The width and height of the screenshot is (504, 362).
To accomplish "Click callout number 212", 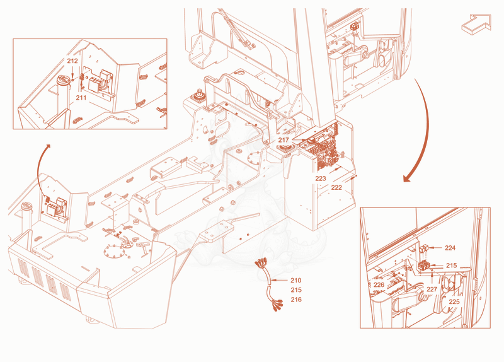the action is point(72,61).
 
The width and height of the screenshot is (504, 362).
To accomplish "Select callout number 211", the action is point(81,97).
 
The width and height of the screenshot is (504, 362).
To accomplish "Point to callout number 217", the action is point(283,140).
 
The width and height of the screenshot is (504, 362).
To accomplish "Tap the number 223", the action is point(321,178).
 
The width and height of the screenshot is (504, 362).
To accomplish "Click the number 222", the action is point(336,187).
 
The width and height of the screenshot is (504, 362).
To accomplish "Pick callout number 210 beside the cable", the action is point(296,280).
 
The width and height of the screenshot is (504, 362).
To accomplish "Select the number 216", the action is point(296,300).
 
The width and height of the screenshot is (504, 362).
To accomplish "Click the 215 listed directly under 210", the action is point(296,290).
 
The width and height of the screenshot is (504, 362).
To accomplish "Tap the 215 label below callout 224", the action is point(451,266).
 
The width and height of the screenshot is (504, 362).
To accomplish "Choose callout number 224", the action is point(450,248).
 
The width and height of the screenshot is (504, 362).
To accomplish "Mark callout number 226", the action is point(379,285).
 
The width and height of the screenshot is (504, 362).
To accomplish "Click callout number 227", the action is point(432,289).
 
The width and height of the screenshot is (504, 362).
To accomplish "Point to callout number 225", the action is point(454,302).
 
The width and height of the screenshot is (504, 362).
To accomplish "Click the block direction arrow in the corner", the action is point(477,24).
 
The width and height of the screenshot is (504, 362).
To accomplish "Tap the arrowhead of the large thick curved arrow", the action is point(407,178).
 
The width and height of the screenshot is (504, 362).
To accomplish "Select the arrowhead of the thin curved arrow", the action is point(49,146).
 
